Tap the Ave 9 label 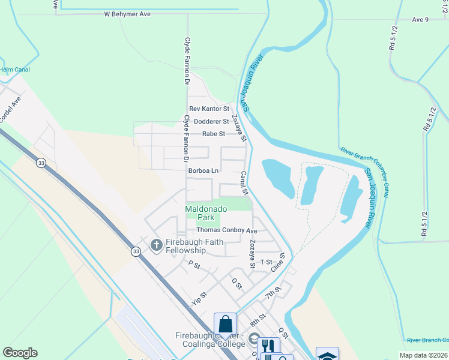420,19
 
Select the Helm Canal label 15,70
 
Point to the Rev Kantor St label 209,109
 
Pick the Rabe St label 213,134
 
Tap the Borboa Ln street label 203,170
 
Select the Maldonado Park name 206,212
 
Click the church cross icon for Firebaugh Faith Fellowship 156,245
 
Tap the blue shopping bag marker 225,325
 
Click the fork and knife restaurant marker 268,347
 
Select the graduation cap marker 327,356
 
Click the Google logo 20,353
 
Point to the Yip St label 199,298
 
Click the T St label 267,262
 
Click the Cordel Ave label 11,110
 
